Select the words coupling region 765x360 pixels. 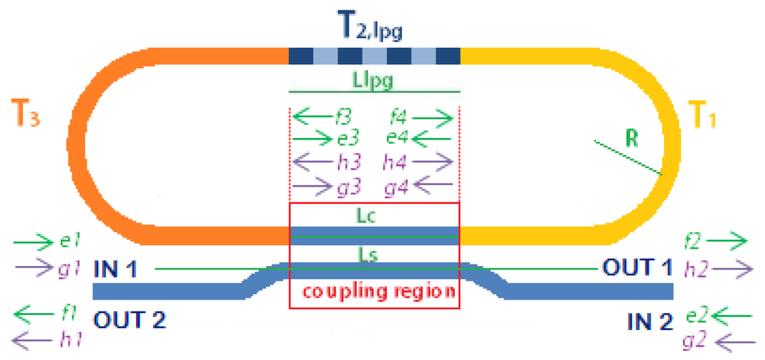click(x=374, y=292)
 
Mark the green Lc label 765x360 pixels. click(x=374, y=214)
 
